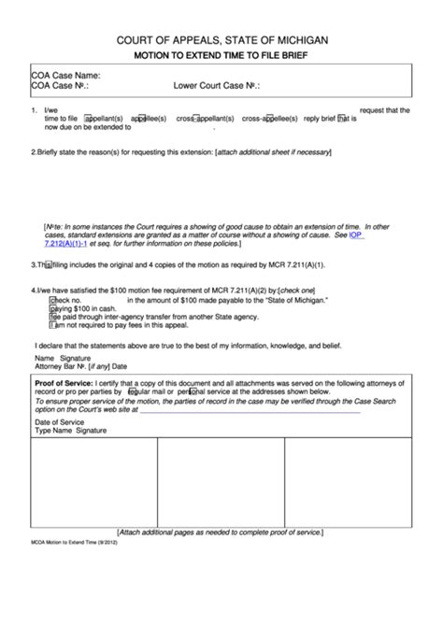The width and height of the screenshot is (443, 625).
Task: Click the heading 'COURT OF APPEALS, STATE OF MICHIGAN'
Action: [x=221, y=42]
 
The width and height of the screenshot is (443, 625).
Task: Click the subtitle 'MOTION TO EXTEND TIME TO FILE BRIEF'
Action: [x=221, y=57]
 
